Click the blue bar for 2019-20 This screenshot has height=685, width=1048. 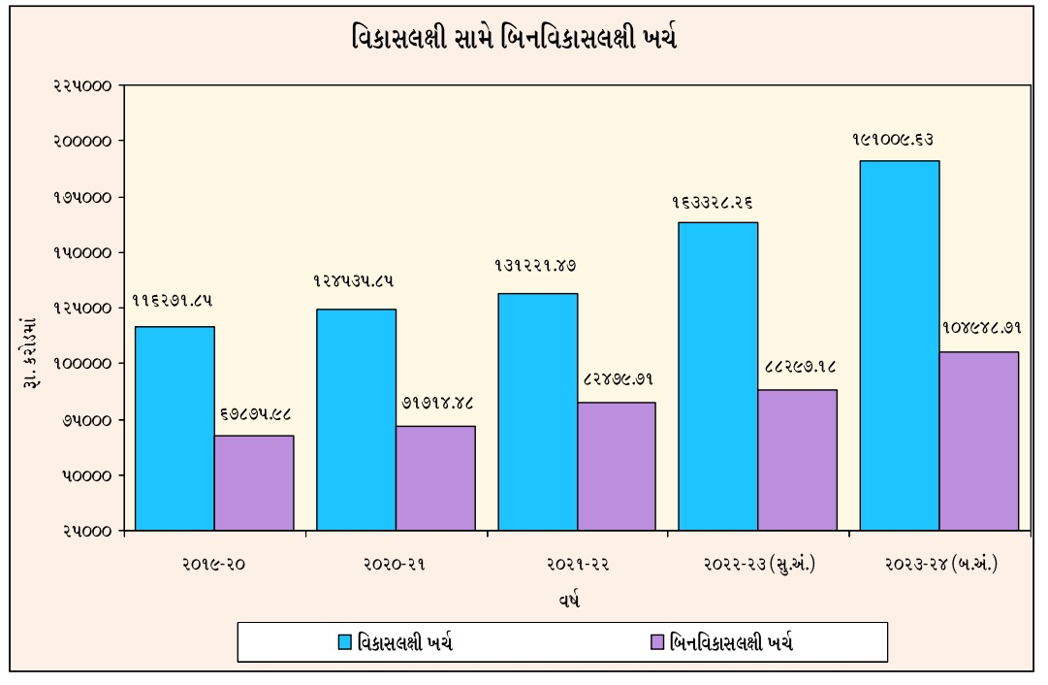click(175, 428)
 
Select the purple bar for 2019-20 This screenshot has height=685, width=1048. click(254, 482)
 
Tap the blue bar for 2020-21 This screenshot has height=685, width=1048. click(356, 419)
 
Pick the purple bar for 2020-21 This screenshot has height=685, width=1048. click(435, 477)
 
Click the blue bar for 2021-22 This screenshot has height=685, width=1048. click(537, 411)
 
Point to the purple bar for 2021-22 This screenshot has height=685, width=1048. click(617, 466)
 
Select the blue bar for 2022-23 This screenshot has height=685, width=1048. click(717, 376)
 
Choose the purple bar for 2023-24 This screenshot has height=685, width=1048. click(979, 440)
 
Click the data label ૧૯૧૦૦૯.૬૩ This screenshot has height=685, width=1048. click(893, 140)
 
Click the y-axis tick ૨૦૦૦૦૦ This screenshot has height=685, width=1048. click(80, 141)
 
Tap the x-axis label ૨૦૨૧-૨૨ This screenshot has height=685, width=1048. click(577, 564)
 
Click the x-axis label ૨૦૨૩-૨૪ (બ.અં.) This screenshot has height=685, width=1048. click(940, 564)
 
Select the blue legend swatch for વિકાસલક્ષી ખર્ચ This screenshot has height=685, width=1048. click(345, 641)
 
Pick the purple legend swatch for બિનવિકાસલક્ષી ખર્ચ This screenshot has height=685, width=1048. click(658, 641)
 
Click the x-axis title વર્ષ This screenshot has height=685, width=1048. click(569, 601)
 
